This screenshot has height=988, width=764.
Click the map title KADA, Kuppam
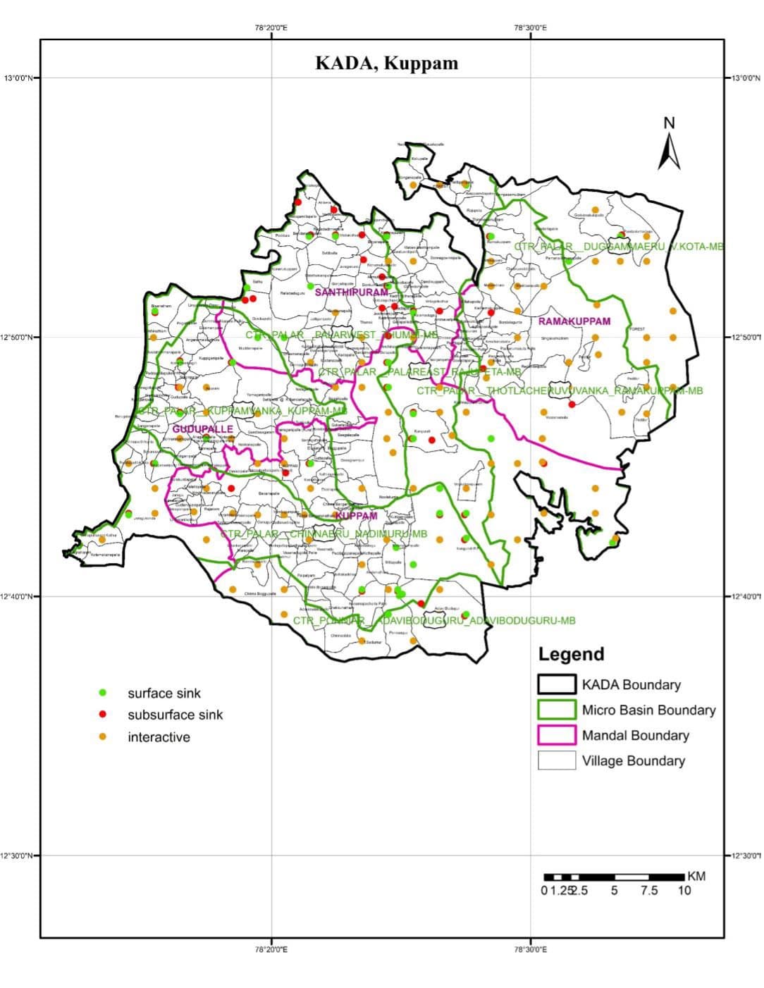click(386, 63)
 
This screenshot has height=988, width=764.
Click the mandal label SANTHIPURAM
click(351, 292)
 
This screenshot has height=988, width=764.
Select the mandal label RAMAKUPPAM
click(574, 321)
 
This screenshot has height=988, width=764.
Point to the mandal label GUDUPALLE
click(202, 428)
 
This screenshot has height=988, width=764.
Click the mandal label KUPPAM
click(356, 516)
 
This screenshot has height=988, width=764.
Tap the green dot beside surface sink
click(103, 693)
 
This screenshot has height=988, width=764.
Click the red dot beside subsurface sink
click(103, 715)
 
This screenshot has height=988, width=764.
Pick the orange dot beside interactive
click(103, 737)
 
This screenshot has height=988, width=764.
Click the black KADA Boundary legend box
click(557, 684)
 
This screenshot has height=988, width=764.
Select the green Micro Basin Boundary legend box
click(557, 710)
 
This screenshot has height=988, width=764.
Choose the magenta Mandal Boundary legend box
click(557, 735)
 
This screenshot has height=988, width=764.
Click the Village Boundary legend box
click(557, 760)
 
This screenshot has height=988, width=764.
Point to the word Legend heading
click(571, 654)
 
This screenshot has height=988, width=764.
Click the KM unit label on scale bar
click(696, 877)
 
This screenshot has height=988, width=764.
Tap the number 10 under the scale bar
click(684, 891)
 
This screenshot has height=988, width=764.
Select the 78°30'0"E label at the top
click(530, 28)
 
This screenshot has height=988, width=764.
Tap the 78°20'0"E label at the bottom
click(271, 949)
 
